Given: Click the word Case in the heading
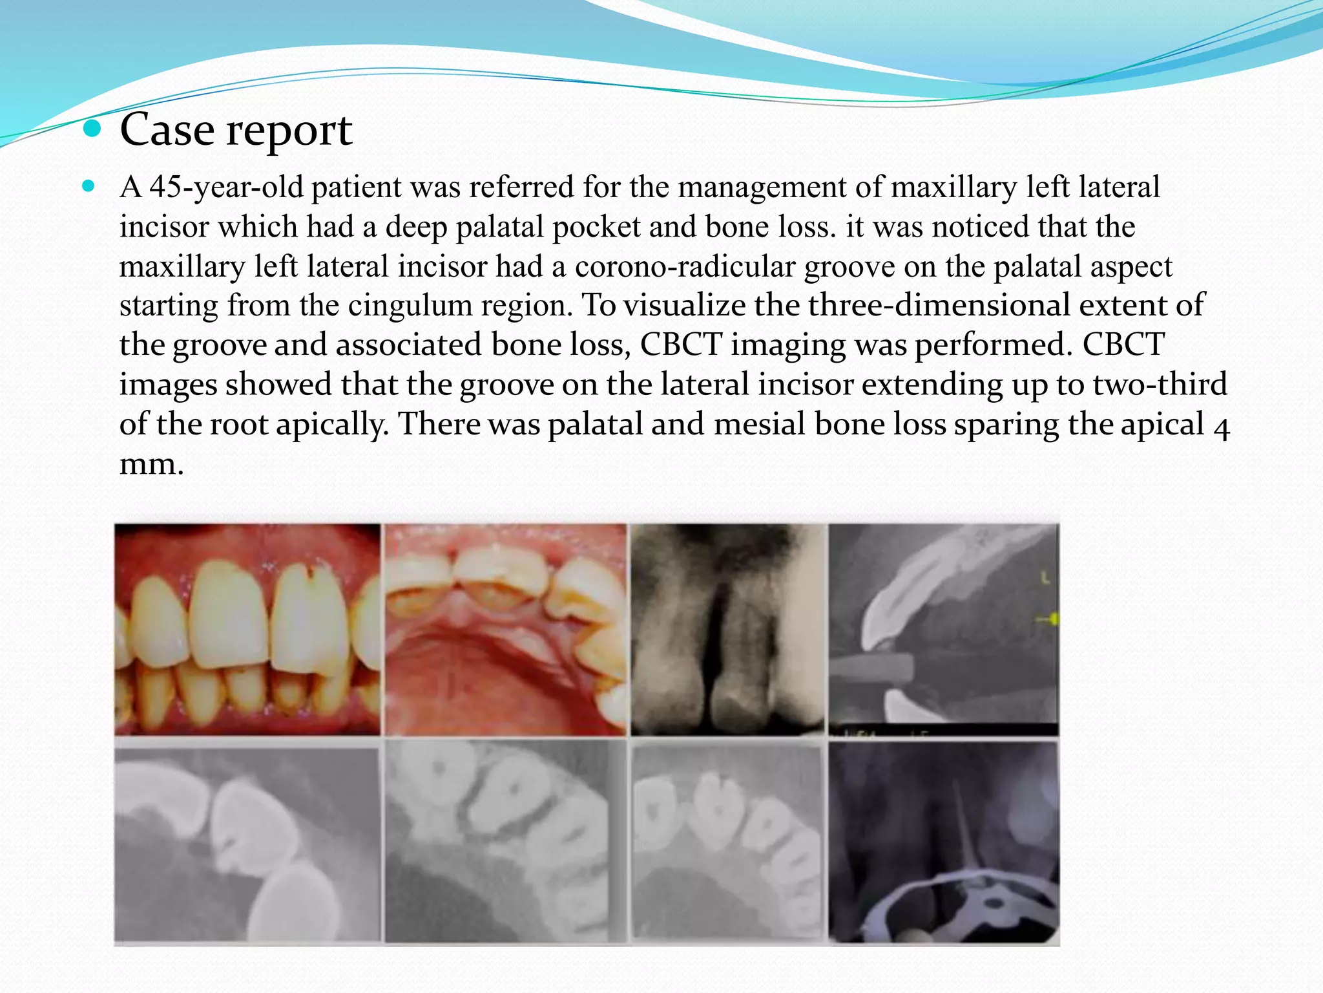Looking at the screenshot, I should pyautogui.click(x=167, y=130).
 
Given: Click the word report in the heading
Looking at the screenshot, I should pyautogui.click(x=289, y=131).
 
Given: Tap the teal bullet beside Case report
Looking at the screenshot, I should pyautogui.click(x=93, y=129).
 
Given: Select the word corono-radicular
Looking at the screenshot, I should pyautogui.click(x=685, y=266).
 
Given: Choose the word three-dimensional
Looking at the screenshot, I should pyautogui.click(x=939, y=305).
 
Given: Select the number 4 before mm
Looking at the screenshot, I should pyautogui.click(x=1220, y=427).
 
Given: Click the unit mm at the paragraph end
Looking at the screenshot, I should pyautogui.click(x=151, y=464).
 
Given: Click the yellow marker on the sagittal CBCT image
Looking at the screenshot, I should pyautogui.click(x=1053, y=619).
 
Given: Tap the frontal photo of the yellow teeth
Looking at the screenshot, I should pyautogui.click(x=247, y=630).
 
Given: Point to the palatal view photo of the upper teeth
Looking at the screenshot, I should pyautogui.click(x=505, y=630).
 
